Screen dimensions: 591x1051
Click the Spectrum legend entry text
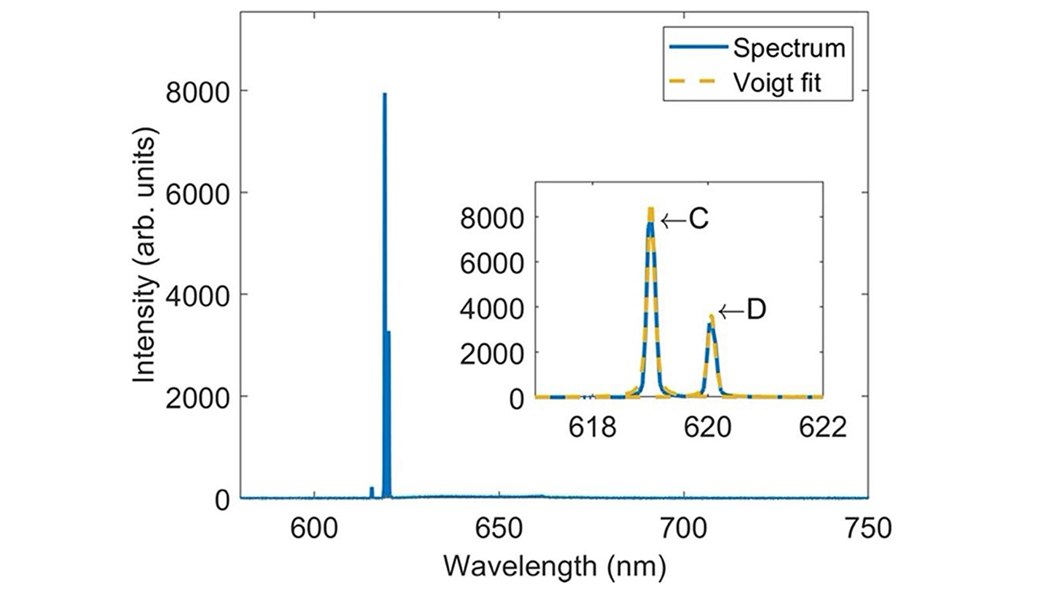789,48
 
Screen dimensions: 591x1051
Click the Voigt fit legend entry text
777,83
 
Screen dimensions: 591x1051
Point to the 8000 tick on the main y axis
197,92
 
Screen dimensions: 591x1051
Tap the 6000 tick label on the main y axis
197,194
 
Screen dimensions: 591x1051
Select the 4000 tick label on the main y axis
197,296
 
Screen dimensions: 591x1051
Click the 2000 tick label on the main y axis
197,398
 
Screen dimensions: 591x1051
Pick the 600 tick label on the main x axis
314,529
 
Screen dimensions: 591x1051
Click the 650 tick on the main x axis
499,529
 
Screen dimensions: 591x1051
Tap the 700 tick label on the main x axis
684,529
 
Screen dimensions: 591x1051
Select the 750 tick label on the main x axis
868,529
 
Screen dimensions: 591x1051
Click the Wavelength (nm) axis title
555,566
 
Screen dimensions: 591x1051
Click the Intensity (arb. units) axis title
145,254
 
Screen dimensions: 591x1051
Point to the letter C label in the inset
698,219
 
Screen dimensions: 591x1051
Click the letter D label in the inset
757,310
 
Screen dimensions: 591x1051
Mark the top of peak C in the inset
651,208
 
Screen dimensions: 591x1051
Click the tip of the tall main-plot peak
385,94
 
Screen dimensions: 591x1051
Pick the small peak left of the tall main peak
372,488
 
